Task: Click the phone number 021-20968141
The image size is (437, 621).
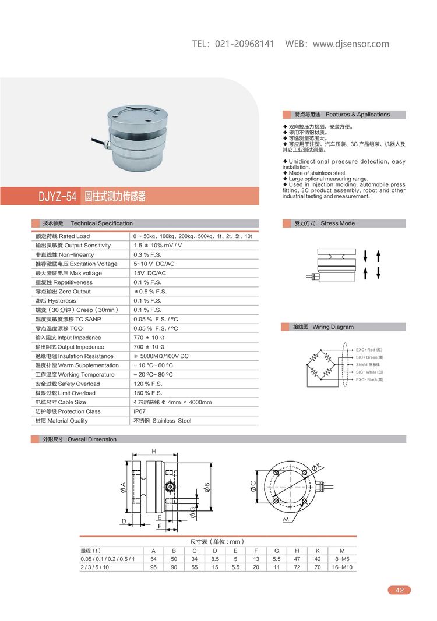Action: pyautogui.click(x=245, y=44)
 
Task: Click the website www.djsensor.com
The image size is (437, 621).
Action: pyautogui.click(x=351, y=44)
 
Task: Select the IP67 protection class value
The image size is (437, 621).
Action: pyautogui.click(x=140, y=411)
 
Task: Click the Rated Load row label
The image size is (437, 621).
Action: pyautogui.click(x=62, y=236)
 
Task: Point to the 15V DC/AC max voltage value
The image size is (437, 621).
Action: pyautogui.click(x=150, y=273)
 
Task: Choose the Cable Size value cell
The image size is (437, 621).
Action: pyautogui.click(x=172, y=402)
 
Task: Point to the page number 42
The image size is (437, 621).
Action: pyautogui.click(x=399, y=590)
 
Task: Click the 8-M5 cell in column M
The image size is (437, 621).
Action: pyautogui.click(x=341, y=559)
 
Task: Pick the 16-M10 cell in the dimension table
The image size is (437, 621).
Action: pyautogui.click(x=341, y=567)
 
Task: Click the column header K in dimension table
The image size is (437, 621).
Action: pyautogui.click(x=317, y=551)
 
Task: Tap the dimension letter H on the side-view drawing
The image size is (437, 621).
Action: pyautogui.click(x=153, y=452)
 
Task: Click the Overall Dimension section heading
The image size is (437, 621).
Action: pyautogui.click(x=91, y=439)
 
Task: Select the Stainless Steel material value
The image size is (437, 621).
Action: pyautogui.click(x=163, y=421)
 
